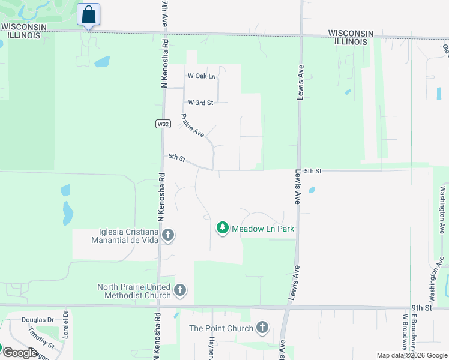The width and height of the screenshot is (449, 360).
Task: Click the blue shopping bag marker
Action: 89,14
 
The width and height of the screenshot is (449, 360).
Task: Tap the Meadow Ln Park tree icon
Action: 223,228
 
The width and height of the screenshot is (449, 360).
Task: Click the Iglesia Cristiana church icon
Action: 168,236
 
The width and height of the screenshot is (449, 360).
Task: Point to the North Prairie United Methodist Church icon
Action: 179,292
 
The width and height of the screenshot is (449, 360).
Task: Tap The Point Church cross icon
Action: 262,328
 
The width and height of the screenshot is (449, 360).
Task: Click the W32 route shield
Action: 163,124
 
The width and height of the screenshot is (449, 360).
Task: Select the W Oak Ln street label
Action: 201,76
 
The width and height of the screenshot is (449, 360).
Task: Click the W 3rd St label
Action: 200,103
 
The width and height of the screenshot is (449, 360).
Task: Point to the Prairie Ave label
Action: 193,125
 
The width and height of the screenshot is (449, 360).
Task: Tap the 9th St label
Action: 421,308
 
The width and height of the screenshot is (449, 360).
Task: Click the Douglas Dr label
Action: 38,320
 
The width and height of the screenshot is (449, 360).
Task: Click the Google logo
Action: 20,353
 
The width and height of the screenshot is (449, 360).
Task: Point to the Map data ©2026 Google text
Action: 412,355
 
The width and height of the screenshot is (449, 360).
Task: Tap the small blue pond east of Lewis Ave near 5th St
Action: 311,190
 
